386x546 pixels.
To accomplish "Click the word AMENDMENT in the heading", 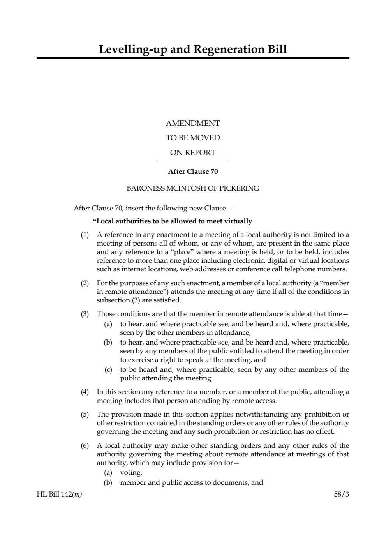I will coord(193,124).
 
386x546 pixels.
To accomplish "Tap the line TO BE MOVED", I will coord(193,138).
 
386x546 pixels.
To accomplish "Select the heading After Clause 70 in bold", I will coord(193,171).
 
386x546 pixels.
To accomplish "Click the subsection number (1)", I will coord(85,235).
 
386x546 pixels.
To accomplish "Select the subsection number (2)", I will coord(85,283).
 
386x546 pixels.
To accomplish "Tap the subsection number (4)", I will coord(85,392).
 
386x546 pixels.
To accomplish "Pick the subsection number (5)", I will coord(85,415).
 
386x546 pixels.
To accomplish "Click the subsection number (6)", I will coord(85,446).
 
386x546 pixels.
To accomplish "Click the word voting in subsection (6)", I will coord(130,473).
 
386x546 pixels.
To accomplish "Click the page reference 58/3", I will coord(342,495).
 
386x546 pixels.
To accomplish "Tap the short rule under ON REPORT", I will coord(192,161).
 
